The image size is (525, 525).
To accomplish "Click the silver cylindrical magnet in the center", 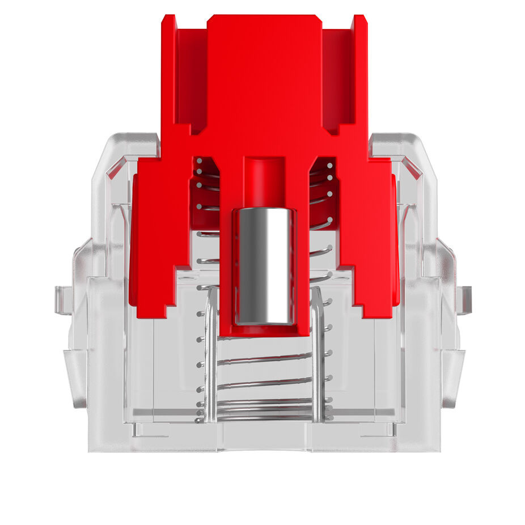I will [264, 265].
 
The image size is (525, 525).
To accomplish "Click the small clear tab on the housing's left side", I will [62, 299].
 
